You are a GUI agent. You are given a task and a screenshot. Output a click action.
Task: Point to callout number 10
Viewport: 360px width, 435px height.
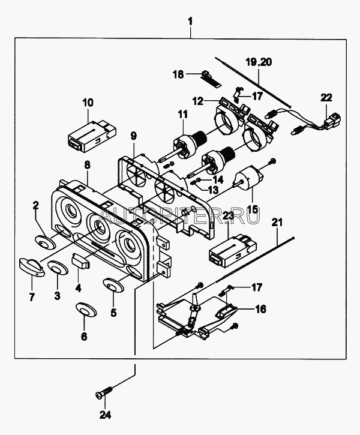88,103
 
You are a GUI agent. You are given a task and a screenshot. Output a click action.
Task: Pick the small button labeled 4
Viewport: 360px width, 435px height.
79,261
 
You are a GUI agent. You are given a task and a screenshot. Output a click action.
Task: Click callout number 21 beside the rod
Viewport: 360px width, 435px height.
277,224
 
